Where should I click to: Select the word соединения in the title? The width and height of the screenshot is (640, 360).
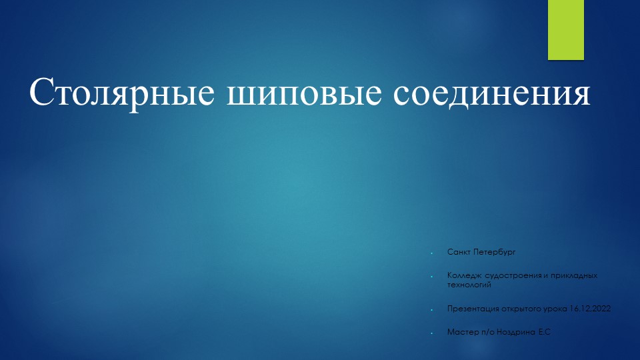[x=491, y=94]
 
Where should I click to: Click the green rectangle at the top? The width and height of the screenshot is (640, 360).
[x=565, y=29]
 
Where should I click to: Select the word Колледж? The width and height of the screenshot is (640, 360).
[x=463, y=275]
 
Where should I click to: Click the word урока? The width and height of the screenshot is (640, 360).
[x=557, y=309]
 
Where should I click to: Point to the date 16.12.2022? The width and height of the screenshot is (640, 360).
[x=591, y=309]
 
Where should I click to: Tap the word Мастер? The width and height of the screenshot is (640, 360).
[x=461, y=331]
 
